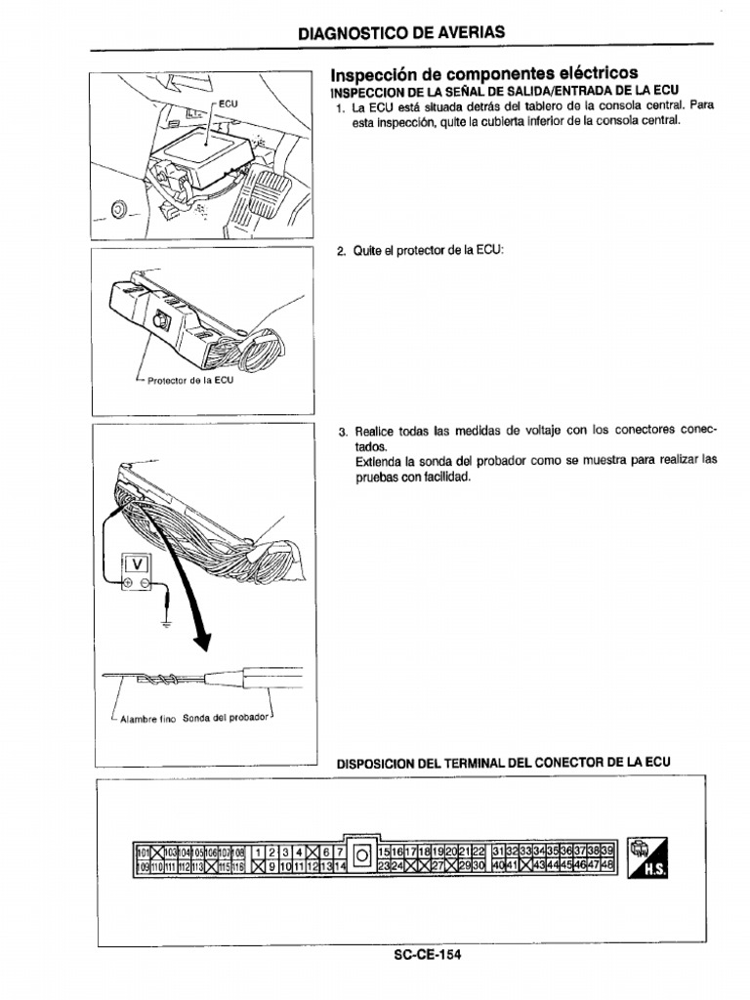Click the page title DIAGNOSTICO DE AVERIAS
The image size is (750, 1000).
pyautogui.click(x=402, y=32)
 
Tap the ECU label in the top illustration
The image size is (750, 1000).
pyautogui.click(x=228, y=104)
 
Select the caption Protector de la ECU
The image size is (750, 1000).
pyautogui.click(x=190, y=381)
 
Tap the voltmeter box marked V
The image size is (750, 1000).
pyautogui.click(x=136, y=563)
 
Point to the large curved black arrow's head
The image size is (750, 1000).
pyautogui.click(x=202, y=640)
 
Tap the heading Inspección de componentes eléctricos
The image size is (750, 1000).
pyautogui.click(x=484, y=74)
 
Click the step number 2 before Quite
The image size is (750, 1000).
pyautogui.click(x=341, y=251)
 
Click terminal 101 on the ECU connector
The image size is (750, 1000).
pyautogui.click(x=141, y=852)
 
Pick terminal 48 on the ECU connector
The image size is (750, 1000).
pyautogui.click(x=606, y=865)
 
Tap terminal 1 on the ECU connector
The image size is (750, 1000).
pyautogui.click(x=259, y=852)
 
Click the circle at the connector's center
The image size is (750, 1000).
pyautogui.click(x=361, y=857)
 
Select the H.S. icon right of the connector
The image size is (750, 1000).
pyautogui.click(x=649, y=857)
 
